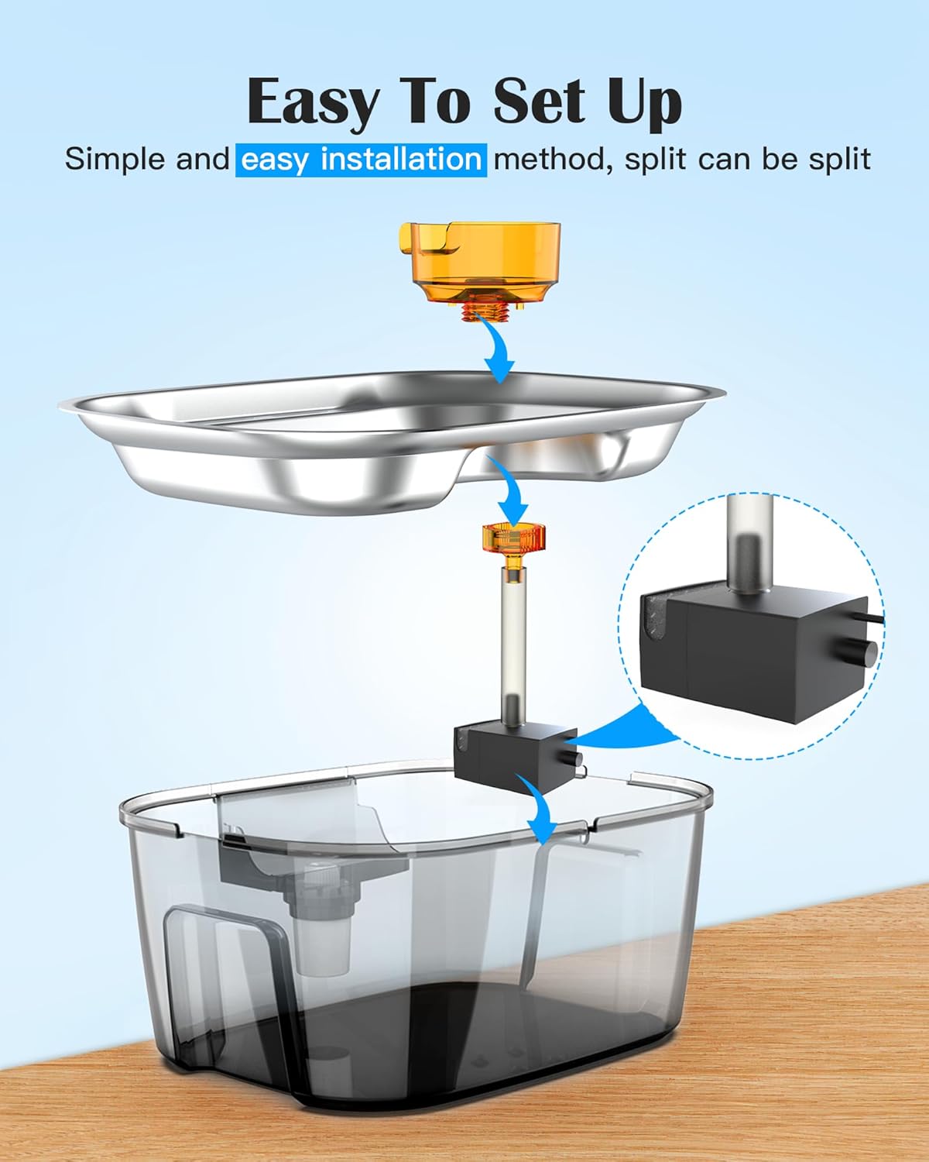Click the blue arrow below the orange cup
[496, 349]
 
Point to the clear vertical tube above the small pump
[513, 642]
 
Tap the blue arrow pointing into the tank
[540, 808]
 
